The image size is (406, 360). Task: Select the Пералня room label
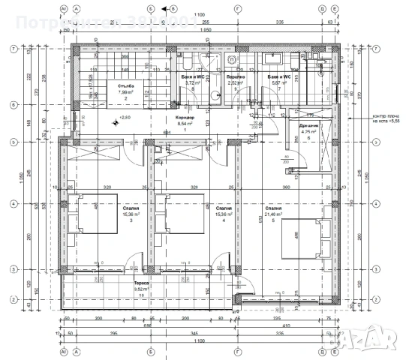(236, 79)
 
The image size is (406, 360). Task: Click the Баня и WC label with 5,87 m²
(277, 79)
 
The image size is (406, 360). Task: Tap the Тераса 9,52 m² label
(141, 285)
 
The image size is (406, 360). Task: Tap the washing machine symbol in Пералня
(233, 59)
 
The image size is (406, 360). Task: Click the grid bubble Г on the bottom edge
(237, 350)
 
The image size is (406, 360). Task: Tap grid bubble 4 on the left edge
(11, 203)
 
